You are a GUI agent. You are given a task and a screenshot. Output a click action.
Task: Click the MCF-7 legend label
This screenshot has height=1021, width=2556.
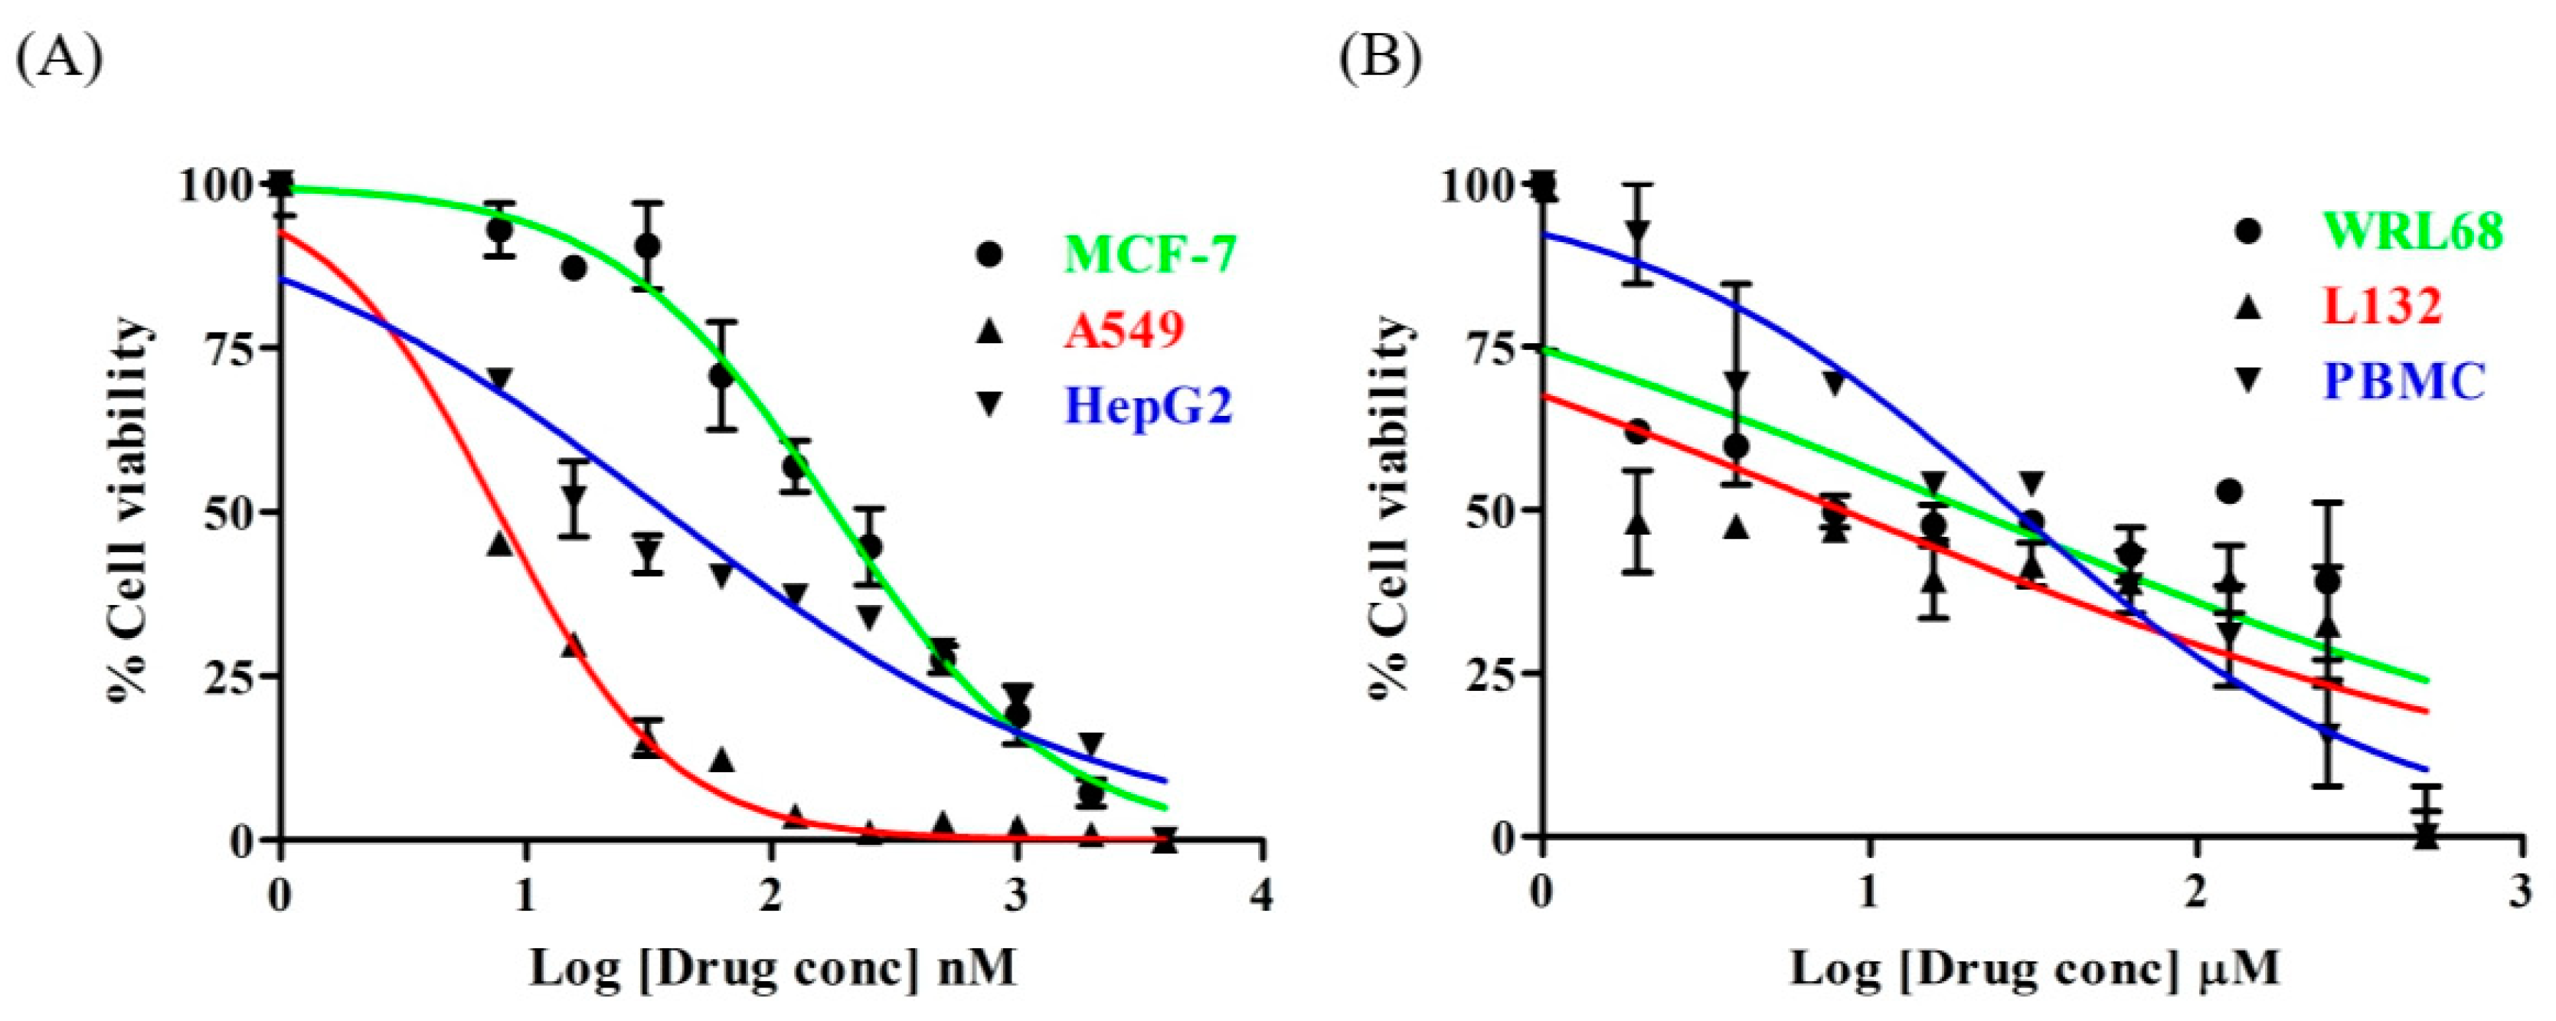tap(1150, 255)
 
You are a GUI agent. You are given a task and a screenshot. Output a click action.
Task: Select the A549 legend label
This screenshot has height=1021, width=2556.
tap(1124, 329)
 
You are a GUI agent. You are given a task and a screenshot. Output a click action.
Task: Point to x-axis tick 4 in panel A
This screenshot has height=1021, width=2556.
tap(1260, 896)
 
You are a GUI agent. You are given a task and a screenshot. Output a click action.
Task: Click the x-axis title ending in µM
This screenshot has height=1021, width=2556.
tap(2034, 967)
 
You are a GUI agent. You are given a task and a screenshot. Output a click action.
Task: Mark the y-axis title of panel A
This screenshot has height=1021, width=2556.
tap(130, 511)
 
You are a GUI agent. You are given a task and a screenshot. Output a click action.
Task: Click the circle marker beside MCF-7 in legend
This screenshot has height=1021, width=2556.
tap(989, 255)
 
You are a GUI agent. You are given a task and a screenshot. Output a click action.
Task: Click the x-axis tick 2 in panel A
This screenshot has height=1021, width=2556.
tap(771, 896)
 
